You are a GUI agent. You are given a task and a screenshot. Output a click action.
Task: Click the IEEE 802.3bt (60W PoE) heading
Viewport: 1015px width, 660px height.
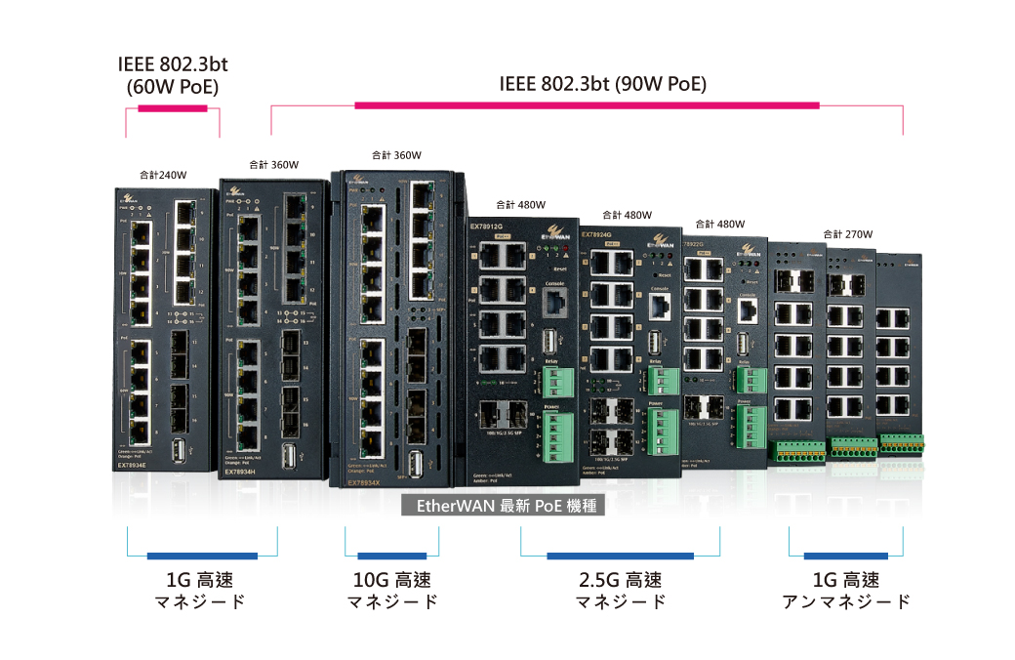[173, 76]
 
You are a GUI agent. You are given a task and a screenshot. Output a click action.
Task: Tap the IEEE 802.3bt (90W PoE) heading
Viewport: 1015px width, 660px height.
[602, 84]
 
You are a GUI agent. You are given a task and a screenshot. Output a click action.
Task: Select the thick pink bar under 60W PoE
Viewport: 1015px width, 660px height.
[174, 106]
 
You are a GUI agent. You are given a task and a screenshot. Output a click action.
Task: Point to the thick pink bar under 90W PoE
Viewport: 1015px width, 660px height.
[587, 104]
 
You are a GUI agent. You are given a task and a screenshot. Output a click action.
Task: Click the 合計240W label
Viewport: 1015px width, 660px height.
[163, 176]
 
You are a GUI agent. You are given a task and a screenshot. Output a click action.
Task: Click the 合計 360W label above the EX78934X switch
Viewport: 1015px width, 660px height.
[396, 155]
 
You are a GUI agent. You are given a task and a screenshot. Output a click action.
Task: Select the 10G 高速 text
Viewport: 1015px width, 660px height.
[391, 580]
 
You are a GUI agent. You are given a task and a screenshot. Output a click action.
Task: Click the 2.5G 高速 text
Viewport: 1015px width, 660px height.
[620, 580]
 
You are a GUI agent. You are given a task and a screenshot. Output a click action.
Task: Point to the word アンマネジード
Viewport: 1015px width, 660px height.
[846, 601]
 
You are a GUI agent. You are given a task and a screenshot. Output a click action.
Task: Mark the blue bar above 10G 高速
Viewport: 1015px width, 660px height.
[391, 557]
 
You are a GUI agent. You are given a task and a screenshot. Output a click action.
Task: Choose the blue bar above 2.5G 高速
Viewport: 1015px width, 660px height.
[620, 557]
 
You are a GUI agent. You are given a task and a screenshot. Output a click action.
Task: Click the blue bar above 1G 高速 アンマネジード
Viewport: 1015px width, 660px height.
[846, 557]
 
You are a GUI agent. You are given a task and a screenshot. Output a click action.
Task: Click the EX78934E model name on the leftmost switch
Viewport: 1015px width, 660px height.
[133, 466]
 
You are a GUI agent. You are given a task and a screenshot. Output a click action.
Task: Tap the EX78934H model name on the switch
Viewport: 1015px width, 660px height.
[240, 472]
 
